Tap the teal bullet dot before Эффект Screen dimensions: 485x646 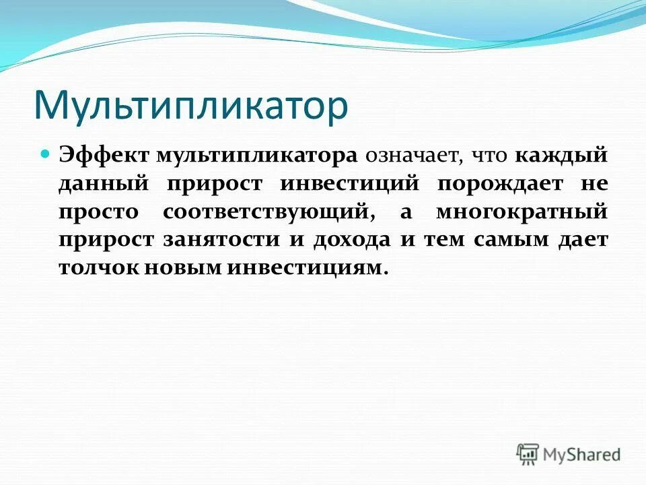[46, 154]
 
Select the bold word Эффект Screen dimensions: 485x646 [104, 156]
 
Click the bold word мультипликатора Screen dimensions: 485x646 [256, 156]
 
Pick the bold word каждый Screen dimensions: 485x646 [562, 156]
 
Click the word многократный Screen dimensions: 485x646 [522, 212]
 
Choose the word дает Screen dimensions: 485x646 [583, 239]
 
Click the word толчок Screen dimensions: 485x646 [98, 267]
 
